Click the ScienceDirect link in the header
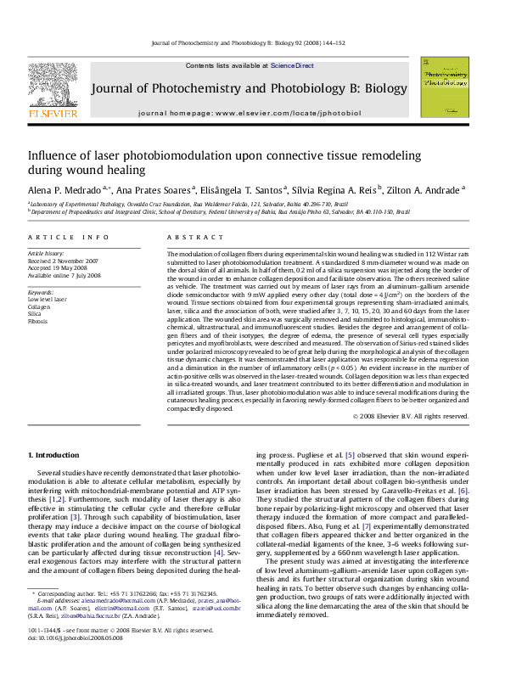pyautogui.click(x=292, y=65)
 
